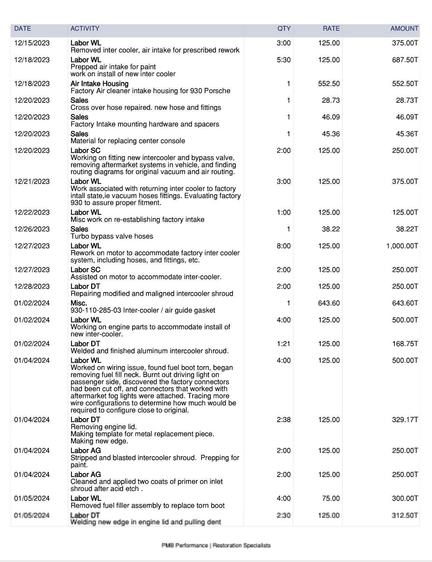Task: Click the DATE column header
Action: [x=23, y=29]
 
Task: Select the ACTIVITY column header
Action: [x=85, y=29]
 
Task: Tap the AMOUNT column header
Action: [x=404, y=29]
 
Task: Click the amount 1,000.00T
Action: [x=402, y=246]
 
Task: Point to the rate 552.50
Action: [x=329, y=84]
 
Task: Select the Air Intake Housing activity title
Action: [x=99, y=84]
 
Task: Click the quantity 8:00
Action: [x=283, y=246]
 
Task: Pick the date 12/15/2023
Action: [x=32, y=43]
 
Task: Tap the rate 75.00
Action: [x=331, y=499]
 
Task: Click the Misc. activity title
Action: [x=79, y=303]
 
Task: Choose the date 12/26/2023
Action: [x=32, y=229]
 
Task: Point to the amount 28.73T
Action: [x=407, y=101]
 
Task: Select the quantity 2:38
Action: [x=283, y=420]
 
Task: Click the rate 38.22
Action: [x=331, y=229]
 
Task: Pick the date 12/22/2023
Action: [x=32, y=213]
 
